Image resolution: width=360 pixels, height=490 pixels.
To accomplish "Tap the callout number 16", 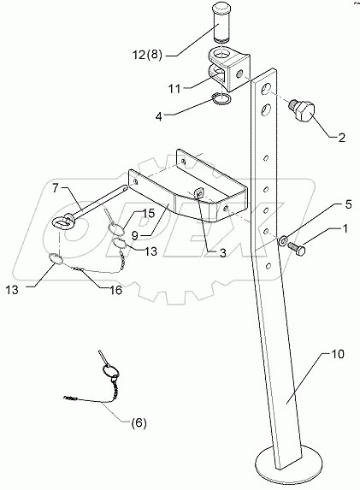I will [x=115, y=291].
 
